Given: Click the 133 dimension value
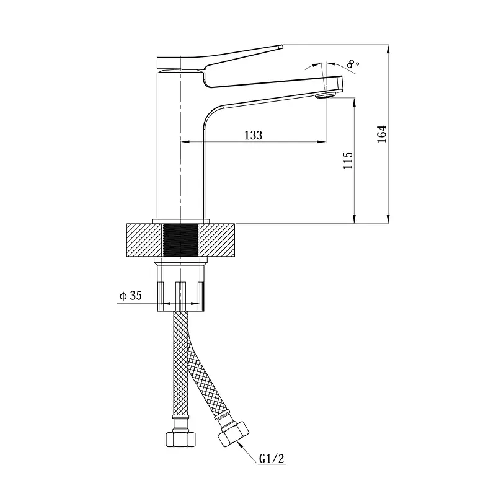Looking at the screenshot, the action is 254,135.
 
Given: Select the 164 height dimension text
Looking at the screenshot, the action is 382,134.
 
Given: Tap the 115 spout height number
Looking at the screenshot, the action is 348,160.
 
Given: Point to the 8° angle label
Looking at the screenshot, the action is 353,64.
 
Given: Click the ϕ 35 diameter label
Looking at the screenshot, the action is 130,296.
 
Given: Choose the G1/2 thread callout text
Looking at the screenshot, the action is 272,458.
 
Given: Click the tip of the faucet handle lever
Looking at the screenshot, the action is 281,46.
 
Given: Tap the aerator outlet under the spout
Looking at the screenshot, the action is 327,95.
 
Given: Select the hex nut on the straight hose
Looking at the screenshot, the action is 181,439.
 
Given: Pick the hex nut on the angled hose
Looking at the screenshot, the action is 234,434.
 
